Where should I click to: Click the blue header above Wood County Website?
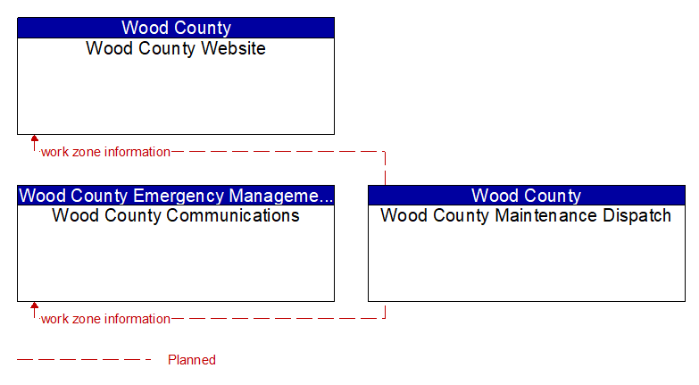[176, 28]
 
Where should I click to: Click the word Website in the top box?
[233, 48]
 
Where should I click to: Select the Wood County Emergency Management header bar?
[176, 196]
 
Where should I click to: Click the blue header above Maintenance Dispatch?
[527, 196]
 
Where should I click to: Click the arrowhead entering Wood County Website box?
[34, 138]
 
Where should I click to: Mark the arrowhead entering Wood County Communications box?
[34, 305]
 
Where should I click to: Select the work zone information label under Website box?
[105, 152]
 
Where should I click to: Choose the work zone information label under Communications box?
[105, 319]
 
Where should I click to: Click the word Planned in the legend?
[192, 360]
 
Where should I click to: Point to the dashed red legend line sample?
[84, 359]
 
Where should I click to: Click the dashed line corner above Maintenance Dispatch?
[385, 152]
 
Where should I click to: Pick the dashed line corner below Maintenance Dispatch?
[385, 318]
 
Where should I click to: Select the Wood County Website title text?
[176, 48]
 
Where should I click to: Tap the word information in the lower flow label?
[137, 319]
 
